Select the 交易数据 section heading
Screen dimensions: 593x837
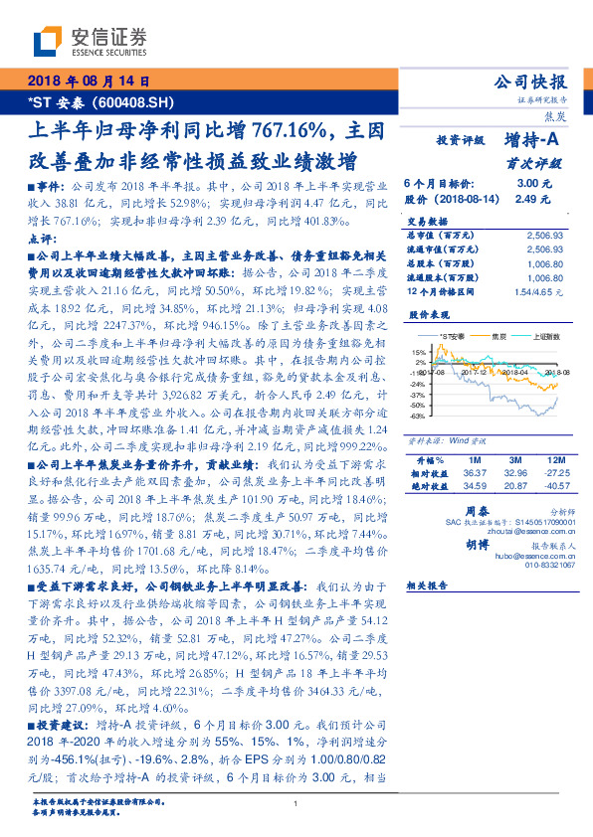(426, 222)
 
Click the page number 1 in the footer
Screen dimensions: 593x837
(296, 803)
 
